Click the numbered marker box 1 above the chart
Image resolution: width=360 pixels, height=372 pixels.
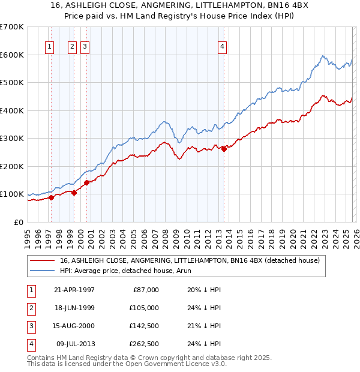(x=49, y=47)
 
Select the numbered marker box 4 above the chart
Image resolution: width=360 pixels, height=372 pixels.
(x=222, y=47)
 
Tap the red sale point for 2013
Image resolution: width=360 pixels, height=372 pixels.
(x=224, y=149)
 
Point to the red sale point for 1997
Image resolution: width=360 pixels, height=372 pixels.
(x=52, y=197)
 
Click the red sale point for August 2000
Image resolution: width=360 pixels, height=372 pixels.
(x=86, y=182)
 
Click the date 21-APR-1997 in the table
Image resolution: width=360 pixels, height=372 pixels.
(x=74, y=290)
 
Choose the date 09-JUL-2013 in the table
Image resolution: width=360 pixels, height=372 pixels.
(x=75, y=344)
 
